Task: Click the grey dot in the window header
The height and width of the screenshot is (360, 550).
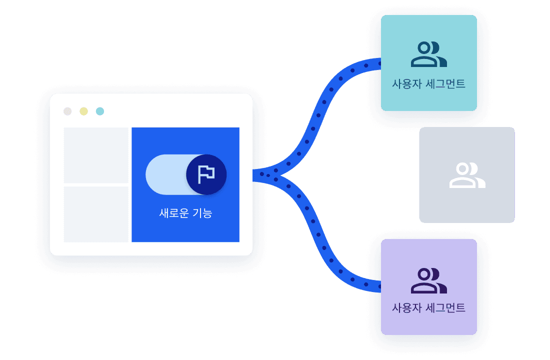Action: [67, 111]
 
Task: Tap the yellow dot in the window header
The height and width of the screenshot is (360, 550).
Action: [83, 111]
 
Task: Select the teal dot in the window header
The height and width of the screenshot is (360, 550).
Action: [100, 111]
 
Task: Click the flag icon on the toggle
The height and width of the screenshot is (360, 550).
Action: [206, 174]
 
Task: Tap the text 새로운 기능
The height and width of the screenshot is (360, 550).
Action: [185, 213]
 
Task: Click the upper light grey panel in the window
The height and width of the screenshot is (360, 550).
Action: [96, 155]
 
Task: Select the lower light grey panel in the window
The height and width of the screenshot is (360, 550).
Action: [96, 214]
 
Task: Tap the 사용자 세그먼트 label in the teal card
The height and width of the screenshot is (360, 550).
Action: [428, 83]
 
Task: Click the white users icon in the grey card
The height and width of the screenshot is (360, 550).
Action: [467, 175]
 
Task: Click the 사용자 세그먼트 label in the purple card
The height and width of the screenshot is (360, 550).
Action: [428, 307]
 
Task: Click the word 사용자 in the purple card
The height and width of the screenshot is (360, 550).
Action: [406, 307]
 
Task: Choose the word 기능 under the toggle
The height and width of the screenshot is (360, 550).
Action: [202, 213]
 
